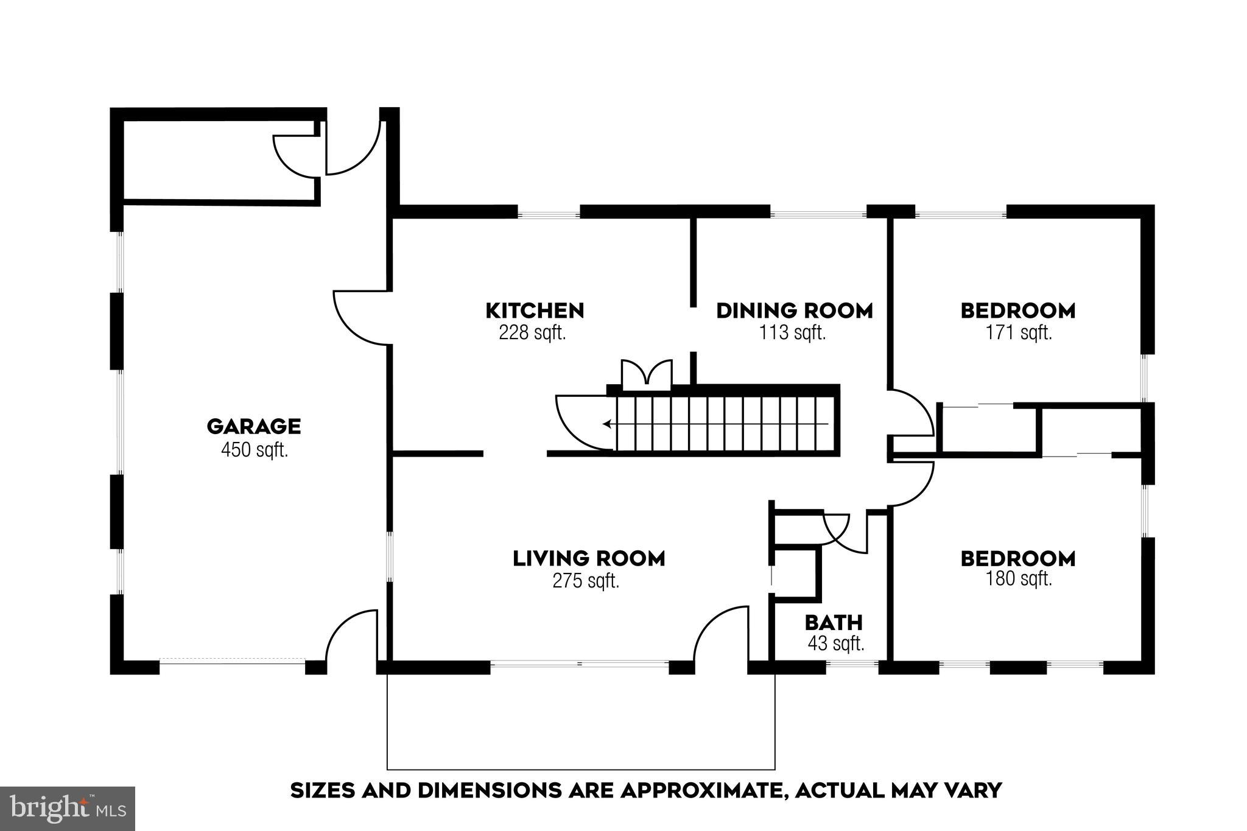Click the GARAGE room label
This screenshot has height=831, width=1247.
(x=254, y=426)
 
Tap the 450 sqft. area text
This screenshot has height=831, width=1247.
(x=254, y=451)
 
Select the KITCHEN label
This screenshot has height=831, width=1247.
(x=535, y=310)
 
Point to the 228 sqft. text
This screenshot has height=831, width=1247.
(x=532, y=333)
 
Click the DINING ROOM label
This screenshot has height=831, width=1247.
(x=794, y=310)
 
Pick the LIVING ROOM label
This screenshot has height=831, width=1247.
(x=589, y=558)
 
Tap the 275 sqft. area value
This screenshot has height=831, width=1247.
(x=586, y=581)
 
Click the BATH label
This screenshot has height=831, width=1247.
(x=834, y=623)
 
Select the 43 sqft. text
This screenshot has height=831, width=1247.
(x=836, y=643)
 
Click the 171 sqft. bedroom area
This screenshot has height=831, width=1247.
(x=1019, y=333)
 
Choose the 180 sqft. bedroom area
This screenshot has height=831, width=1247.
(x=1019, y=578)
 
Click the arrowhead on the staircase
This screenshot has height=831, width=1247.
(x=607, y=424)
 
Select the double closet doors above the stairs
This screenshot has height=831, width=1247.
(x=647, y=373)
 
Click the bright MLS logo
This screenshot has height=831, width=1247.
(x=68, y=808)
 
